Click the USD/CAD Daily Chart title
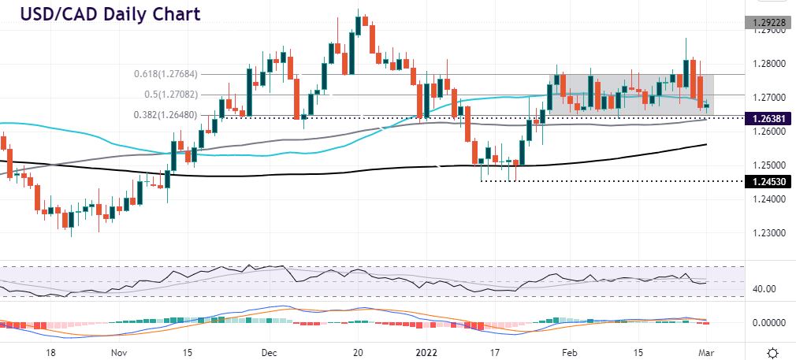tap(105, 14)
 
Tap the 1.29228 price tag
tap(767, 23)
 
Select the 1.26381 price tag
tap(767, 118)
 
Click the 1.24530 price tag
tap(767, 181)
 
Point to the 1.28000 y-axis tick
tap(766, 64)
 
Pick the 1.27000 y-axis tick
tap(766, 98)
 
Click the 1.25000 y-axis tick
tap(766, 165)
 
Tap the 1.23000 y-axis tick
tap(766, 234)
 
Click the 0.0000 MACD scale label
tap(766, 323)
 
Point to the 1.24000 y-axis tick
tap(766, 199)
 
